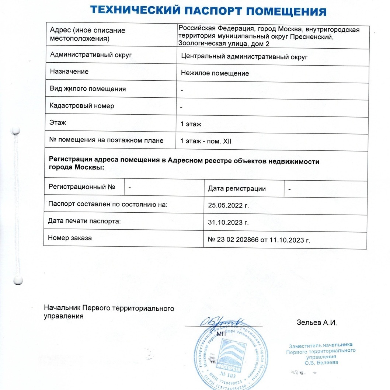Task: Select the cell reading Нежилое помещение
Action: tap(215, 73)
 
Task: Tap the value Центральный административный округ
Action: tap(244, 57)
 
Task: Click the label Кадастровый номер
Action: tap(82, 106)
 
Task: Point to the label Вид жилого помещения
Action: tap(88, 89)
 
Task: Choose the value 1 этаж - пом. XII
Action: tap(206, 141)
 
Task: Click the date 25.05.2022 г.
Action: tap(229, 205)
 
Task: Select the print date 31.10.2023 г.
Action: tap(229, 223)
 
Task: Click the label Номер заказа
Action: tap(70, 238)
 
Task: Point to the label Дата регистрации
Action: tap(237, 189)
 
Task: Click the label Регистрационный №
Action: tap(82, 187)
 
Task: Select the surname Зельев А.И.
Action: tap(317, 323)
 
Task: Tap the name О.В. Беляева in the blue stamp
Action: tap(321, 362)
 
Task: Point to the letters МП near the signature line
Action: tap(221, 334)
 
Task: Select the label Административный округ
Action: tap(91, 55)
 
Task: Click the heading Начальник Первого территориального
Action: tap(109, 308)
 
